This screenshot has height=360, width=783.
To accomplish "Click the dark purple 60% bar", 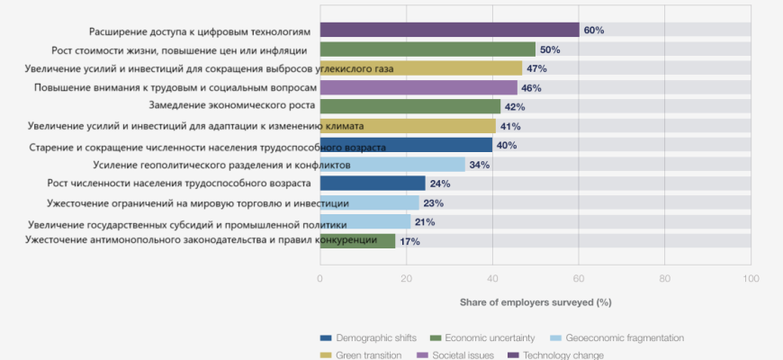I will pyautogui.click(x=449, y=31).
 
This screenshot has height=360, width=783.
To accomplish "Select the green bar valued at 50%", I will pyautogui.click(x=427, y=49).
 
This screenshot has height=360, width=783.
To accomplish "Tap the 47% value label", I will pyautogui.click(x=536, y=68).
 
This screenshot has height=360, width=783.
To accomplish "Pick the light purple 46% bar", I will pyautogui.click(x=418, y=87).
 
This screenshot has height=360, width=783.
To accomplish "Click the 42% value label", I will pyautogui.click(x=515, y=107).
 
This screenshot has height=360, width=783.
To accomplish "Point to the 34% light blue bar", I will pyautogui.click(x=392, y=165).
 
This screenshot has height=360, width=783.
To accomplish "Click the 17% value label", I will pyautogui.click(x=409, y=241).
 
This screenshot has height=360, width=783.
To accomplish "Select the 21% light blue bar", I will pyautogui.click(x=365, y=222).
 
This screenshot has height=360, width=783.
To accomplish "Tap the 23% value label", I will pyautogui.click(x=433, y=203).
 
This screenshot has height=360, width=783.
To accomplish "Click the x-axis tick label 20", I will pyautogui.click(x=406, y=279).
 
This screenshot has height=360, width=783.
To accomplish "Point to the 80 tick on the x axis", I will pyautogui.click(x=664, y=279).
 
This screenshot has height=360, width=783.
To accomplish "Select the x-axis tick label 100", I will pyautogui.click(x=750, y=279).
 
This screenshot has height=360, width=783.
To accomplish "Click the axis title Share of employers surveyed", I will pyautogui.click(x=535, y=301).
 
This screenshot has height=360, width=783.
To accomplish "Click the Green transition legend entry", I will pyautogui.click(x=365, y=355).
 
